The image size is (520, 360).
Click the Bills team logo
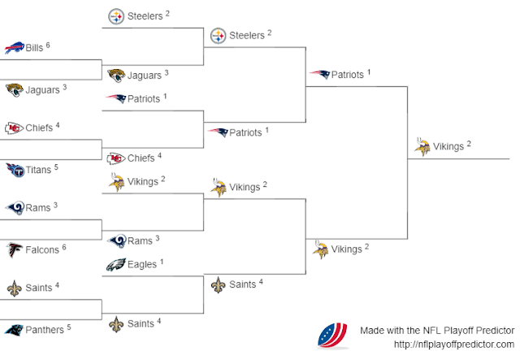pyautogui.click(x=13, y=48)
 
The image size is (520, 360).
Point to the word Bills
pyautogui.click(x=34, y=48)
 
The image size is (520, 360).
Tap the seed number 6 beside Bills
pyautogui.click(x=48, y=45)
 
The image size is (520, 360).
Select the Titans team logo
pyautogui.click(x=13, y=170)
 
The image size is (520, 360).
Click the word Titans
pyautogui.click(x=37, y=170)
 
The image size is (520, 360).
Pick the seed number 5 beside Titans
pyautogui.click(x=55, y=167)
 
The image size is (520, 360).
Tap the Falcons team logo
pyautogui.click(x=13, y=249)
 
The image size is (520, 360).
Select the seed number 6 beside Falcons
pyautogui.click(x=65, y=246)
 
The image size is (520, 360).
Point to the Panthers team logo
pyautogui.click(x=13, y=330)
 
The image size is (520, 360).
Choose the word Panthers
pyautogui.click(x=45, y=330)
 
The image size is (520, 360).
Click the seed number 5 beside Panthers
pyautogui.click(x=69, y=327)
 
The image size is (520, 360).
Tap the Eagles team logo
pyautogui.click(x=116, y=265)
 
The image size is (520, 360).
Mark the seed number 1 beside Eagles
pyautogui.click(x=162, y=262)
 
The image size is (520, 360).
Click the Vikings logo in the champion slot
pyautogui.click(x=422, y=147)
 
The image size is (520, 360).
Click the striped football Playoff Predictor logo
pyautogui.click(x=333, y=335)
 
